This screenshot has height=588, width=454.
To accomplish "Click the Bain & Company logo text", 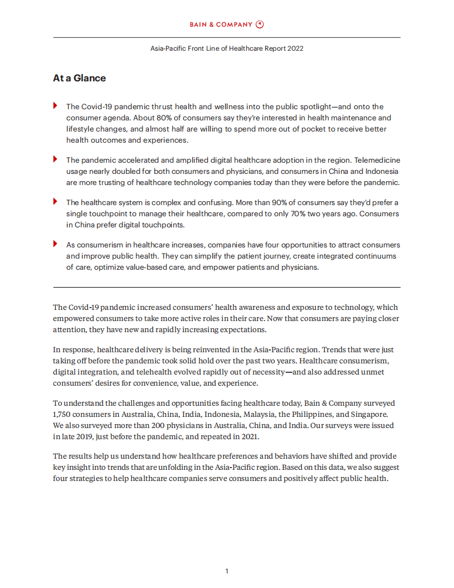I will (x=221, y=25).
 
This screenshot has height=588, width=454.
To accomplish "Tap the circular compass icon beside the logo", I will (x=260, y=25).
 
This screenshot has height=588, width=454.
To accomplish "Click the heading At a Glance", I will (x=79, y=78).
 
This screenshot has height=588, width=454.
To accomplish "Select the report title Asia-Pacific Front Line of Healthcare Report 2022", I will (x=227, y=48).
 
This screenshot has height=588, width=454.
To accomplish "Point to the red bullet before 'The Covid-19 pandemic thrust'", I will (x=55, y=106).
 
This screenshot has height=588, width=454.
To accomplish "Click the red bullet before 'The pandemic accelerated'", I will (x=55, y=159).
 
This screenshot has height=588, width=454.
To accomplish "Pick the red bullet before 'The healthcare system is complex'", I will (x=55, y=202).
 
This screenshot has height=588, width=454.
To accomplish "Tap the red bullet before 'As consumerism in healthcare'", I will (x=55, y=244).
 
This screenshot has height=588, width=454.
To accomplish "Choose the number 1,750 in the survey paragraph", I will (x=63, y=414).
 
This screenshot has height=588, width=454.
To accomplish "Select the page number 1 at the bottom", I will (x=227, y=571).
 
